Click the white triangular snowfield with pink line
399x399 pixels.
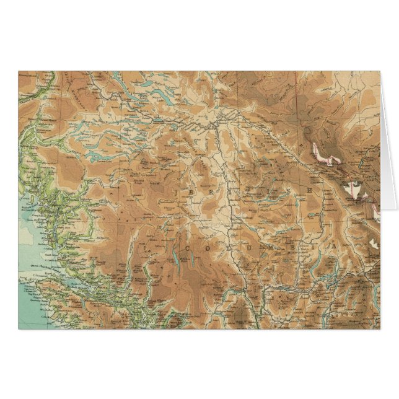pyautogui.click(x=355, y=190)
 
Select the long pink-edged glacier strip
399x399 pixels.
pyautogui.click(x=328, y=156)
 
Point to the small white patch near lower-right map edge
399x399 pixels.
pyautogui.click(x=374, y=244)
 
